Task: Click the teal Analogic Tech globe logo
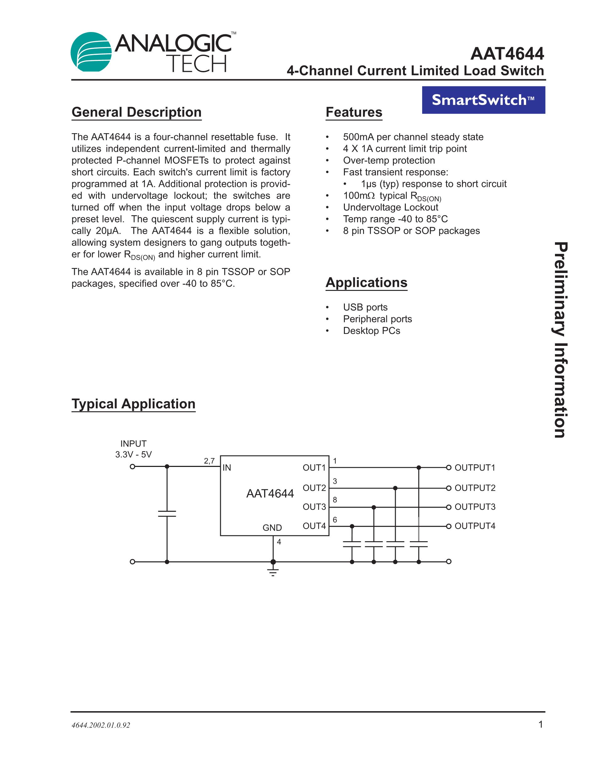point(91,52)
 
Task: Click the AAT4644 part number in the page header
point(507,54)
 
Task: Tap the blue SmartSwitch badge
point(483,100)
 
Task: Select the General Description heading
point(136,112)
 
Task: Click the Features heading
point(354,112)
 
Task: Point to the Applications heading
point(366,282)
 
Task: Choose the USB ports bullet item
point(365,307)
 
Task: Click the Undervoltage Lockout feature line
point(390,207)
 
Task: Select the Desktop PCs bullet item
point(371,331)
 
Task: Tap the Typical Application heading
point(133,404)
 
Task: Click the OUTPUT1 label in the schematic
point(475,468)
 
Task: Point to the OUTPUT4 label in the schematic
point(475,526)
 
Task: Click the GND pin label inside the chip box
point(272,528)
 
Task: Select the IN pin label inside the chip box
point(227,468)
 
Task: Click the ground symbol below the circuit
point(273,571)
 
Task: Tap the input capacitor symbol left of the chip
point(167,514)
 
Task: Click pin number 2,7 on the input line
point(209,461)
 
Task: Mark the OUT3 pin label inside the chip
point(314,507)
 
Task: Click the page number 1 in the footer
point(541,724)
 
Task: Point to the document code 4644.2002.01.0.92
point(101,725)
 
